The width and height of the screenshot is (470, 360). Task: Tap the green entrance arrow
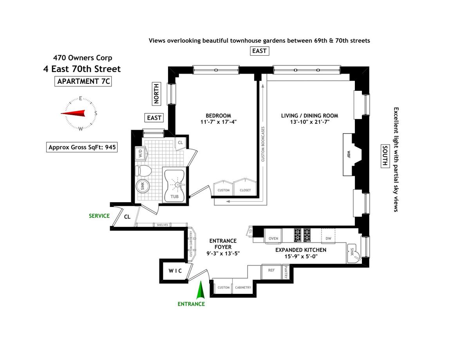[x=201, y=290]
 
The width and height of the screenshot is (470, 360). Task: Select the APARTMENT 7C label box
[x=83, y=81]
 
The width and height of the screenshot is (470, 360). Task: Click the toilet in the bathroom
[x=143, y=171]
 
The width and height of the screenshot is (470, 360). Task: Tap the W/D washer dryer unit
[x=141, y=153]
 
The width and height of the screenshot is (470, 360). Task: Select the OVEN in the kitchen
[x=273, y=236]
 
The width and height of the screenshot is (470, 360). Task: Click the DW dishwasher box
[x=328, y=236]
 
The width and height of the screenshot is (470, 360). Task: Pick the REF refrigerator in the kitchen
[x=271, y=271]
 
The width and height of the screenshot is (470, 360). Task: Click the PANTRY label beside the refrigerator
[x=286, y=272]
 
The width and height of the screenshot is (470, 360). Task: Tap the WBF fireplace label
[x=349, y=154]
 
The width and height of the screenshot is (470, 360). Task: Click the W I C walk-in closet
[x=175, y=271]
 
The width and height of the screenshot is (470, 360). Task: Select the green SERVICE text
[x=99, y=216]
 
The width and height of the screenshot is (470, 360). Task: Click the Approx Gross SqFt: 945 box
[x=82, y=147]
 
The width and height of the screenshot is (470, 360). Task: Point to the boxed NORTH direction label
[x=156, y=94]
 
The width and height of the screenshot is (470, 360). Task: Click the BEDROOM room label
[x=218, y=116]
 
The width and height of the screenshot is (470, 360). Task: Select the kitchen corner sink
[x=353, y=253]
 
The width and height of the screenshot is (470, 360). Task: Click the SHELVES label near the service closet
[x=162, y=225]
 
